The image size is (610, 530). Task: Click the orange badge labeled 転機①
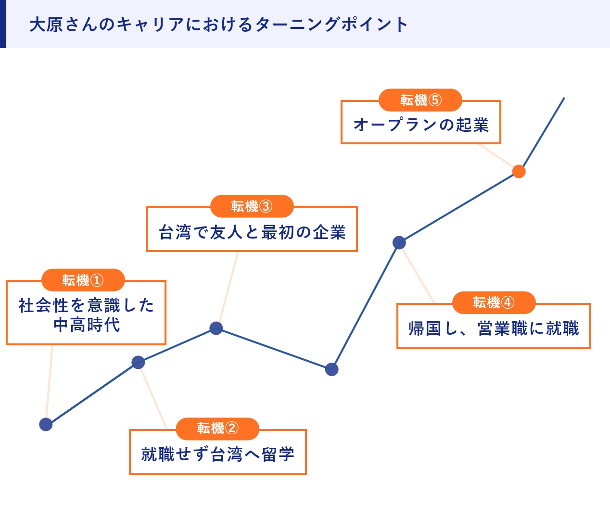coord(83,280)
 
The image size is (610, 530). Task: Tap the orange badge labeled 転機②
coord(217,428)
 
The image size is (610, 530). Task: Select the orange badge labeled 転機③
coord(252,206)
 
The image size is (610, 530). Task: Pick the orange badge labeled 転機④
coord(494,303)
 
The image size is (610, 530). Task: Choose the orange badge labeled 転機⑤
coord(420,100)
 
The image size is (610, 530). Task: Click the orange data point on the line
coord(519,171)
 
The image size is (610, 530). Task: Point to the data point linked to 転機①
coord(46,424)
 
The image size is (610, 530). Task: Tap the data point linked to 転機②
coord(138,362)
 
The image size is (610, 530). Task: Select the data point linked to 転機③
coord(216,328)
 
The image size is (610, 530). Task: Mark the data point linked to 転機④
coord(399,242)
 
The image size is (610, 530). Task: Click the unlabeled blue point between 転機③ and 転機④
coord(331,369)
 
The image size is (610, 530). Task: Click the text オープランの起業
coord(421,125)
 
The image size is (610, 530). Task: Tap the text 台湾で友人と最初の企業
coord(252,232)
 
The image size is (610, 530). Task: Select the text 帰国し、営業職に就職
coord(494,328)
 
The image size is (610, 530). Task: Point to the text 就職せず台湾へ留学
coord(217,454)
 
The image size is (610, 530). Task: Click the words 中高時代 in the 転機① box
coord(87,325)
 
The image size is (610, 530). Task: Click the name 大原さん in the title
coord(63,24)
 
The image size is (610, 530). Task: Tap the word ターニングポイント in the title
coord(332,24)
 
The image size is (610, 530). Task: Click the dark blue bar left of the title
coord(2,24)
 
